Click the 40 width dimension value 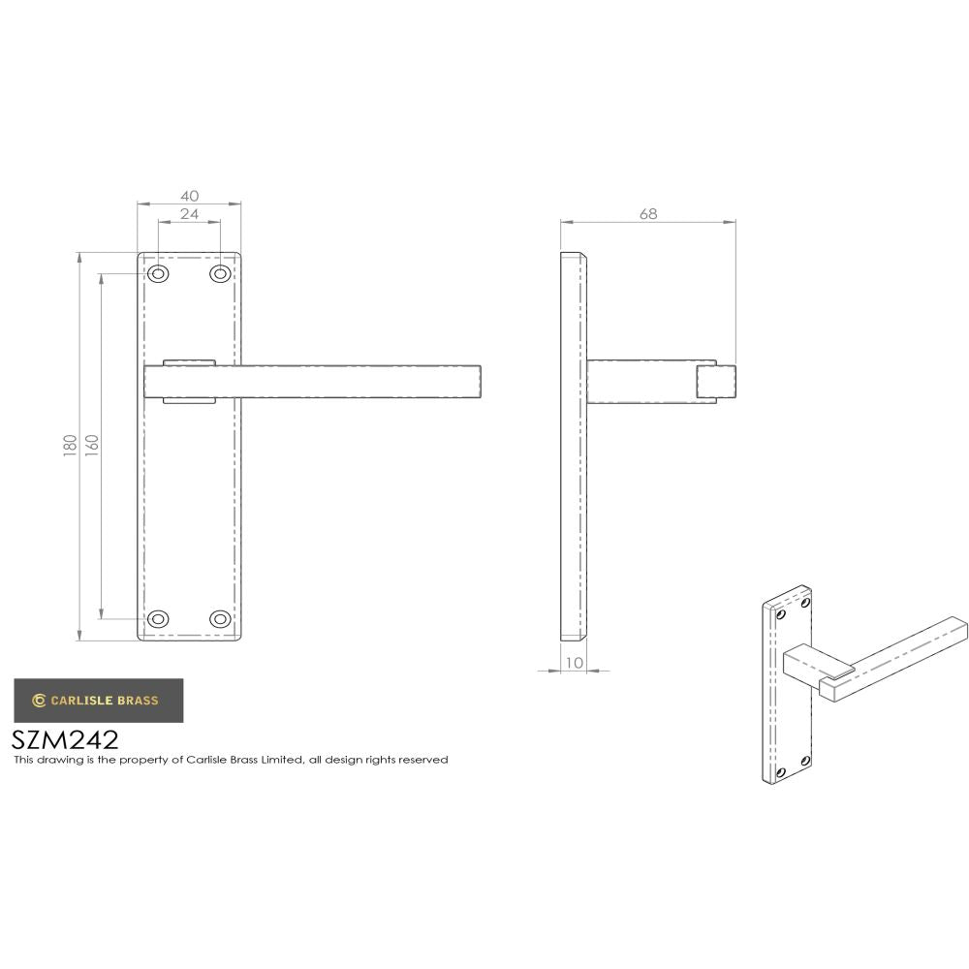click(189, 196)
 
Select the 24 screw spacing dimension click(189, 214)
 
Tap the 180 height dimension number click(70, 447)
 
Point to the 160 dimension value click(92, 447)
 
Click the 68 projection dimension click(647, 214)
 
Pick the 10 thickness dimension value click(574, 663)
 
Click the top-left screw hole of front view click(158, 274)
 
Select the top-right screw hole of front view click(220, 274)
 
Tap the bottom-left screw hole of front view click(158, 618)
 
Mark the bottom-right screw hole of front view click(220, 618)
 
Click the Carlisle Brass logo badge click(97, 700)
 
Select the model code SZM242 click(65, 739)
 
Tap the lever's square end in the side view click(716, 381)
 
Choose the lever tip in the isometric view click(954, 626)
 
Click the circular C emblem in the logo click(39, 700)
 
